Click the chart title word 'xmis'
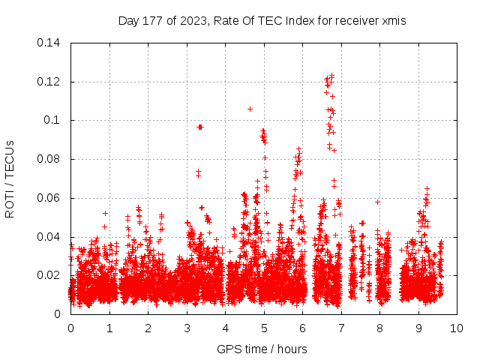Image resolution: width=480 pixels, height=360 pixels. (394, 21)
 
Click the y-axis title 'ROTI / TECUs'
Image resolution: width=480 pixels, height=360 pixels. (10, 178)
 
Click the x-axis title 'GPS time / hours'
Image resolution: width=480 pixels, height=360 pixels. (262, 349)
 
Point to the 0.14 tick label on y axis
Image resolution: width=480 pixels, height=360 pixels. (49, 43)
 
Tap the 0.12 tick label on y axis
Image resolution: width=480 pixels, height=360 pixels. (49, 81)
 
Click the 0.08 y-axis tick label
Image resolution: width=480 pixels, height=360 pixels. (49, 159)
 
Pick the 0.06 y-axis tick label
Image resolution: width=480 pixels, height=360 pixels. (49, 198)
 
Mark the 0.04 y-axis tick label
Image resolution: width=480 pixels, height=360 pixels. (49, 237)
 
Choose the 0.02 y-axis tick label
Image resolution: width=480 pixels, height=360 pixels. (49, 275)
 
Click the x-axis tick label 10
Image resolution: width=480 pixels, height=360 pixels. (457, 328)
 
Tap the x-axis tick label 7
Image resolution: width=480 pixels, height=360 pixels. (341, 328)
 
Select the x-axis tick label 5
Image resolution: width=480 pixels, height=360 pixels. (264, 328)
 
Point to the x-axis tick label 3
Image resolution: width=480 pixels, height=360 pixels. (187, 328)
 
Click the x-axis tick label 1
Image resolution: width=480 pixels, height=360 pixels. (109, 328)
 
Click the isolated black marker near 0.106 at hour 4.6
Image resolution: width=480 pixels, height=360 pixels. (250, 109)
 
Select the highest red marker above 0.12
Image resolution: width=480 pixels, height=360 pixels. (331, 76)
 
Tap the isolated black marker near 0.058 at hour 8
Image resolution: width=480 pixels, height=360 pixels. (378, 202)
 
